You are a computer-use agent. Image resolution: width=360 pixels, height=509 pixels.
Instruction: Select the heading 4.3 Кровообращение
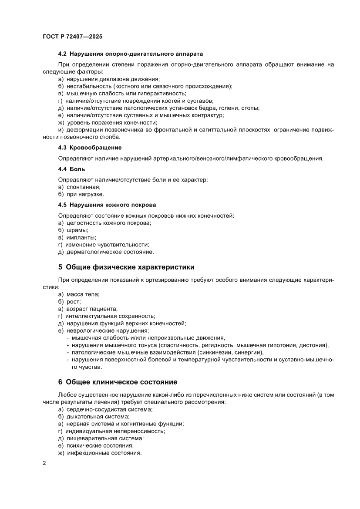point(90,148)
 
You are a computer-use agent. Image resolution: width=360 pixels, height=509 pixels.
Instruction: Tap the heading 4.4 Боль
point(72,169)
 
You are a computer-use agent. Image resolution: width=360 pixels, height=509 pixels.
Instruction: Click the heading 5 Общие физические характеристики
point(126,267)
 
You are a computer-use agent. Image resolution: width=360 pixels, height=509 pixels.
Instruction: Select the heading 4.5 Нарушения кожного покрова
point(107,205)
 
